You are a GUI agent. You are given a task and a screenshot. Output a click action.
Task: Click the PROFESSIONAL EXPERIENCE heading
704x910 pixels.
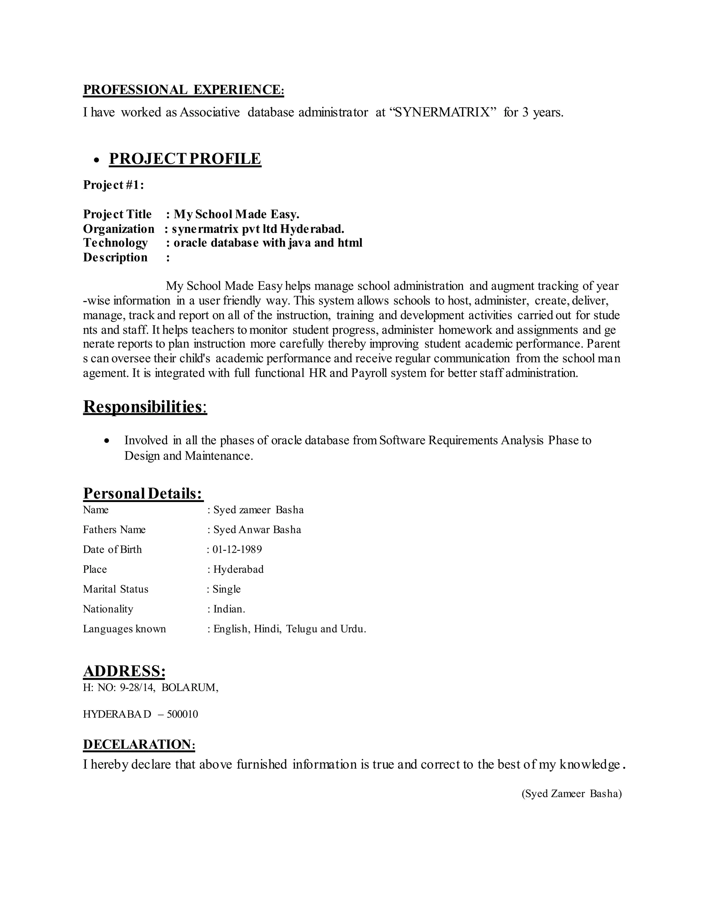coord(183,90)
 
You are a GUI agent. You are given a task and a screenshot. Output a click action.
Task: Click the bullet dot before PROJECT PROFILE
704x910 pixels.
coord(97,160)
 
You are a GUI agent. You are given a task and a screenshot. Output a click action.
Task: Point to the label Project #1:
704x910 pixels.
coord(113,185)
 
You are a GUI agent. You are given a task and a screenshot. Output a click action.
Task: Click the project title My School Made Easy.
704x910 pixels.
coord(236,214)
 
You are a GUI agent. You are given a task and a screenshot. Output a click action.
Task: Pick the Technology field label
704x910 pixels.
coord(115,243)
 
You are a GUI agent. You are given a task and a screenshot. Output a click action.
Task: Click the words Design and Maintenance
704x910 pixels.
coord(188,456)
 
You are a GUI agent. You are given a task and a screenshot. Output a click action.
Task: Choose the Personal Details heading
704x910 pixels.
coord(143,493)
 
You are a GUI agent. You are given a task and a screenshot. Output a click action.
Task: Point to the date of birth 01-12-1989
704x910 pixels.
coord(237,549)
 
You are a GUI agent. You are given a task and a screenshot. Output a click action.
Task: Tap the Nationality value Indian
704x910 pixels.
coord(229,609)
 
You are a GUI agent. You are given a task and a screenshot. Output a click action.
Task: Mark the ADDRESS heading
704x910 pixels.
coord(124,671)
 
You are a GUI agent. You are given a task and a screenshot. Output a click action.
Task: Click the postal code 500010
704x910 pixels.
coord(182,714)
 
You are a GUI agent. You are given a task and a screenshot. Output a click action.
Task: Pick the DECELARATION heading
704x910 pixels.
coord(139,744)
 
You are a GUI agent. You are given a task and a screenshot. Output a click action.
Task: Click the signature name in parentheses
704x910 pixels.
coord(571,793)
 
